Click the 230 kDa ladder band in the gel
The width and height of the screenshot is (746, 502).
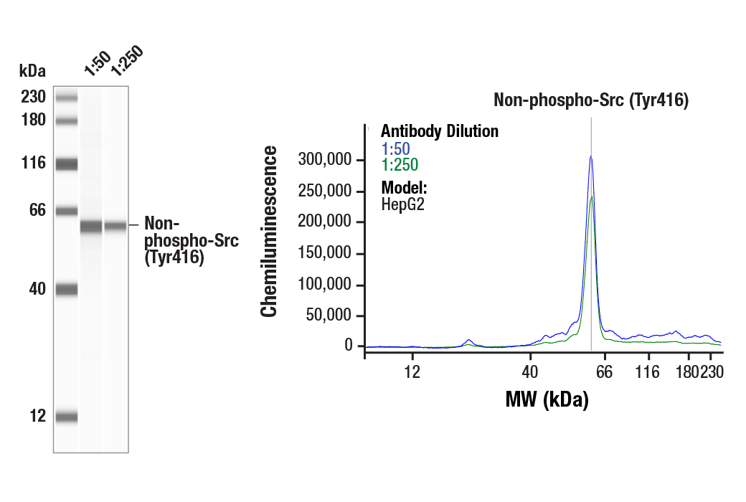[67, 98]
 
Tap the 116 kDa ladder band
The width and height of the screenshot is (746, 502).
[67, 164]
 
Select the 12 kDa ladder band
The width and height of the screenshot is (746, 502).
[67, 417]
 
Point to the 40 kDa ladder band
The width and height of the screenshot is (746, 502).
[67, 290]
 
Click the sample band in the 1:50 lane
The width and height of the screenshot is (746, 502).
[91, 227]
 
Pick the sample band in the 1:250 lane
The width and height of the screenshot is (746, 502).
[115, 226]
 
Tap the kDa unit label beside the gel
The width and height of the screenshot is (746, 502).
[32, 71]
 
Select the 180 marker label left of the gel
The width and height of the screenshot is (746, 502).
[33, 120]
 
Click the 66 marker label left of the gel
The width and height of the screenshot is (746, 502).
[37, 211]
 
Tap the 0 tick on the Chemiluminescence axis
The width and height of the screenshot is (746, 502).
[348, 346]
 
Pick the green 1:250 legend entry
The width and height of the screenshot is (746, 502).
[398, 165]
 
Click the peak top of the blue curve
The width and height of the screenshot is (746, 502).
[590, 156]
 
